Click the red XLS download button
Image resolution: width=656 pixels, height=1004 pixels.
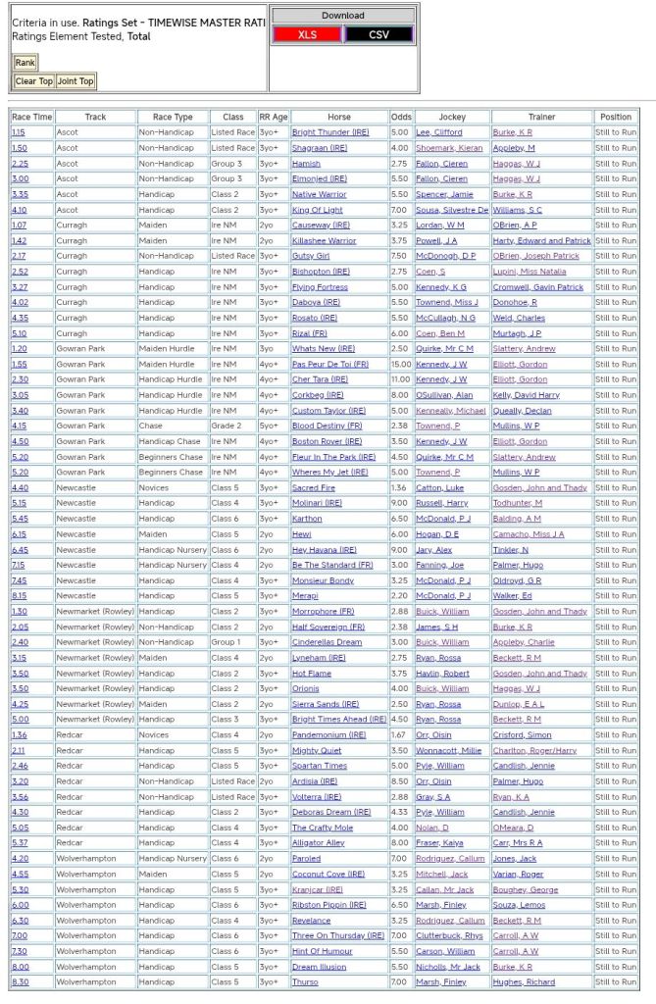pyautogui.click(x=307, y=34)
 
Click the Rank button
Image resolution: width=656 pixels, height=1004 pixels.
pyautogui.click(x=25, y=63)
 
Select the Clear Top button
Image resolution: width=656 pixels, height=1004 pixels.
pyautogui.click(x=33, y=81)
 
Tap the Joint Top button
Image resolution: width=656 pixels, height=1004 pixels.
pyautogui.click(x=76, y=81)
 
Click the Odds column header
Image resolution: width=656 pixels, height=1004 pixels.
pyautogui.click(x=401, y=117)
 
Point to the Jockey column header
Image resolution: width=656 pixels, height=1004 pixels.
pyautogui.click(x=452, y=117)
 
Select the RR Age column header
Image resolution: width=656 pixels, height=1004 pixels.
pyautogui.click(x=274, y=117)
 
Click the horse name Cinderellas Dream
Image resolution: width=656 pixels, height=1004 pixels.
pyautogui.click(x=327, y=642)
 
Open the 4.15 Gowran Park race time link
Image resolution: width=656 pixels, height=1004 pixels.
pyautogui.click(x=20, y=426)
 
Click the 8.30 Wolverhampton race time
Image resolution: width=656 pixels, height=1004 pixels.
pyautogui.click(x=20, y=981)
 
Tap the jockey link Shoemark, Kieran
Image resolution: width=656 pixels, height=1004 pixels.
pyautogui.click(x=449, y=148)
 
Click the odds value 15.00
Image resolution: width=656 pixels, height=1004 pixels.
pyautogui.click(x=400, y=364)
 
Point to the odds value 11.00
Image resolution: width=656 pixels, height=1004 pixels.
pyautogui.click(x=400, y=379)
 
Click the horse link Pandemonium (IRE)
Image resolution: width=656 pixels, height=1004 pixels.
pyautogui.click(x=328, y=734)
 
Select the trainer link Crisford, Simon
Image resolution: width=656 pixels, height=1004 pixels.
pyautogui.click(x=522, y=734)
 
